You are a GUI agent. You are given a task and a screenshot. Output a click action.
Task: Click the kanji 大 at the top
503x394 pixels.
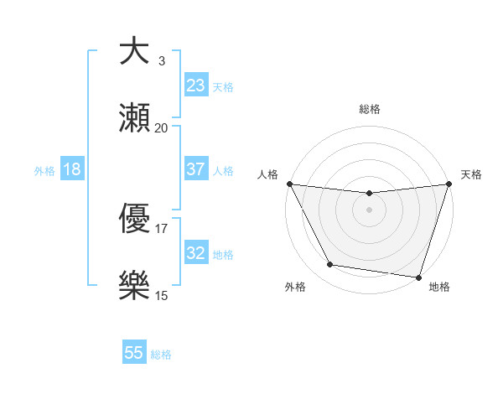(x=135, y=52)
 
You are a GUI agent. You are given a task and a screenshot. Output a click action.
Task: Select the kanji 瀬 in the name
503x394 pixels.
(x=135, y=119)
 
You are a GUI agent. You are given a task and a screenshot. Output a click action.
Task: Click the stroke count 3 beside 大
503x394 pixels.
(x=162, y=60)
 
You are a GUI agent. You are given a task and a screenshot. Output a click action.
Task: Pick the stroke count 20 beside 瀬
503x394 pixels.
(x=162, y=127)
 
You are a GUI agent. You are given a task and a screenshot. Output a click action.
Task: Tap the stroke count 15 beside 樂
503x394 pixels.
(x=162, y=295)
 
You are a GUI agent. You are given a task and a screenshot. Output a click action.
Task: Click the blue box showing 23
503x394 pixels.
(x=195, y=86)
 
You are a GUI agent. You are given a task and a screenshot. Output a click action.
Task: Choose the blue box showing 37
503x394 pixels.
(x=195, y=169)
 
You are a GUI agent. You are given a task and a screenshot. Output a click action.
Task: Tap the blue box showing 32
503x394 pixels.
(x=195, y=253)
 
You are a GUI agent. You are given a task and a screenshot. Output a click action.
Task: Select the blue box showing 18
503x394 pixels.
(x=72, y=169)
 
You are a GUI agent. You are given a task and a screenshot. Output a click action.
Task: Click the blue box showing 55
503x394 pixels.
(x=134, y=353)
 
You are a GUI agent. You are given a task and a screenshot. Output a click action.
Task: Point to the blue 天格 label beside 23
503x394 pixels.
(x=223, y=87)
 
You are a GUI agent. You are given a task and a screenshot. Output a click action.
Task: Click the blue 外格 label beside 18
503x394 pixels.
(x=44, y=171)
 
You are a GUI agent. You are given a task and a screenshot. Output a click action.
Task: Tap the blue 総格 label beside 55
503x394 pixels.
(x=161, y=355)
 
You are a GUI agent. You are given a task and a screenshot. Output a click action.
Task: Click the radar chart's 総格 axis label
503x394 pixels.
(x=370, y=109)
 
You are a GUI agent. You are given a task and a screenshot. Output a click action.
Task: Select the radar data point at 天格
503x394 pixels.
(x=449, y=184)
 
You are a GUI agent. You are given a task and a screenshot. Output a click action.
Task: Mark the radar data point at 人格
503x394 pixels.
(x=290, y=184)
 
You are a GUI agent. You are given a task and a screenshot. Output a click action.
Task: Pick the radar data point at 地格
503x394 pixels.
(x=418, y=277)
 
